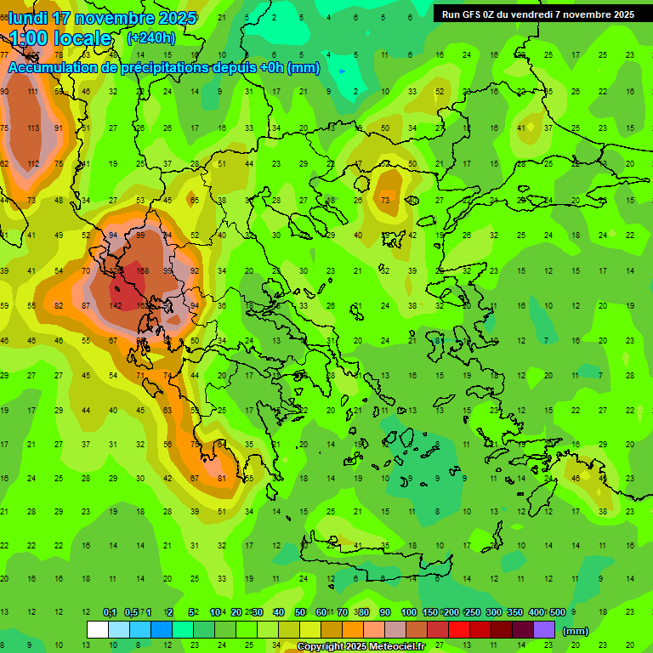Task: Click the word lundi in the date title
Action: (29, 18)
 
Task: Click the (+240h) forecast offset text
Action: (151, 37)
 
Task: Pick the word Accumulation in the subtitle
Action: (58, 68)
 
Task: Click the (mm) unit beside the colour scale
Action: (576, 631)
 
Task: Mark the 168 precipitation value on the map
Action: (142, 271)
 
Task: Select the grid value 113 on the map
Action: (33, 128)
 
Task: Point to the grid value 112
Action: (33, 164)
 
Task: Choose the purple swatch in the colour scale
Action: (544, 630)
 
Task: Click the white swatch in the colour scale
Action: (98, 630)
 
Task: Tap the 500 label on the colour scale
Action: (557, 613)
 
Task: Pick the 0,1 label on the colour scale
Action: (110, 613)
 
